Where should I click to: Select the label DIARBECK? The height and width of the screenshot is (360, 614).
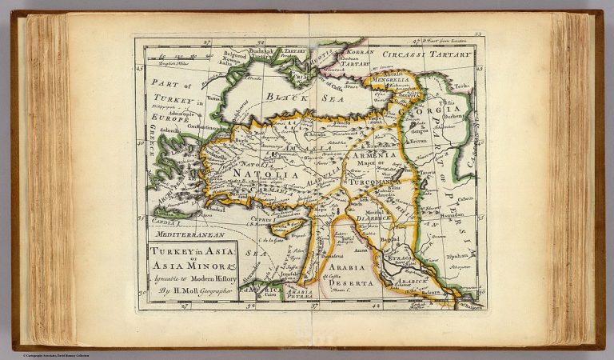[374, 215]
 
